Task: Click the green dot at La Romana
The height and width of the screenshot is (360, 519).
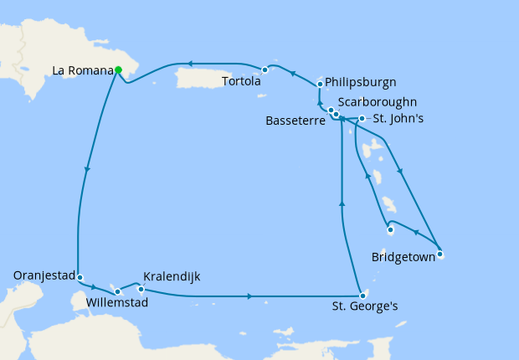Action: (119, 70)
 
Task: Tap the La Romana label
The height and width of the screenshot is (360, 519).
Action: (82, 70)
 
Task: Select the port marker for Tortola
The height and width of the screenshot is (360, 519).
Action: (265, 69)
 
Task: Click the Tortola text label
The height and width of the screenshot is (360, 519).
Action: (241, 82)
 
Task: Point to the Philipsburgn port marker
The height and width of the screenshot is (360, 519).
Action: (320, 85)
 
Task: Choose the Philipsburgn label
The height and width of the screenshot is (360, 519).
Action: (360, 82)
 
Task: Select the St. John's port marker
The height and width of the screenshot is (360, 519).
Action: (361, 118)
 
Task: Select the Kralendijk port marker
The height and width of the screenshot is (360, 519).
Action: (141, 290)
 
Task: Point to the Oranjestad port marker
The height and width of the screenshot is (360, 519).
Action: (78, 276)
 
